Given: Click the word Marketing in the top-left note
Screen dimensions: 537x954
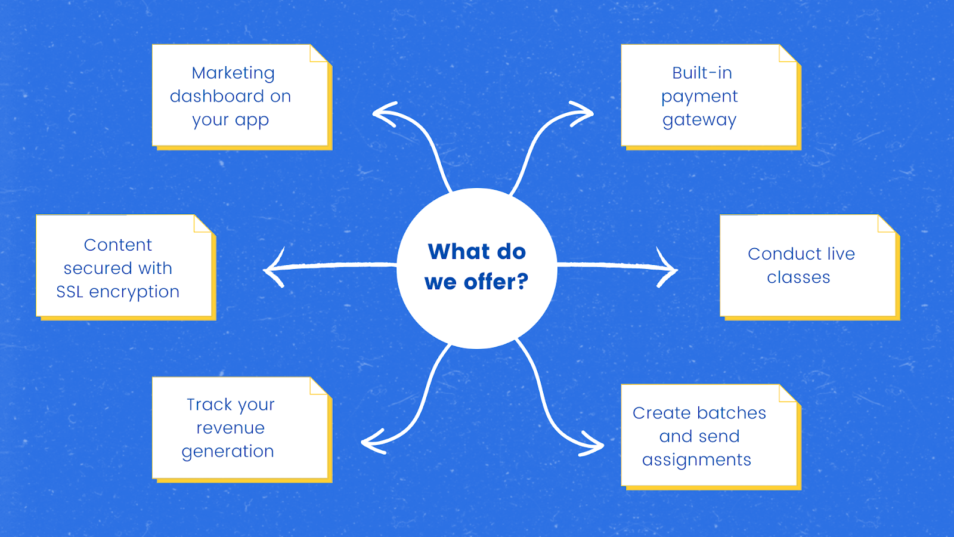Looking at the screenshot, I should (233, 73).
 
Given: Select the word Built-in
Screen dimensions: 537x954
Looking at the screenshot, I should (702, 73).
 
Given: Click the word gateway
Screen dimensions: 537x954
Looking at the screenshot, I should (699, 120).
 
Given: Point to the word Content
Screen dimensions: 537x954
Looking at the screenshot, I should (118, 245).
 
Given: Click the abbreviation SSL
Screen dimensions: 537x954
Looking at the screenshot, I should (70, 292).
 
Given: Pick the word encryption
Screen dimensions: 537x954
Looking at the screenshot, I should (134, 292).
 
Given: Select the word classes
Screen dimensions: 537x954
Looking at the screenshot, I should (798, 277).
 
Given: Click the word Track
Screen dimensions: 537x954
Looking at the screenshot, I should (209, 405).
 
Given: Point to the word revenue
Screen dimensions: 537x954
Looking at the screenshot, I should (231, 428).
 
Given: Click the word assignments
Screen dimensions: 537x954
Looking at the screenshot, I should (696, 460).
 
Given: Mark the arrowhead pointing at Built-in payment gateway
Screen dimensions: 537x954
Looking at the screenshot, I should (586, 113).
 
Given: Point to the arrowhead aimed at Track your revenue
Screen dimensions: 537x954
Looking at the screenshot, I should (370, 443).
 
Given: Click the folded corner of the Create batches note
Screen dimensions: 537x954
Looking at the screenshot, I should (788, 394).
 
